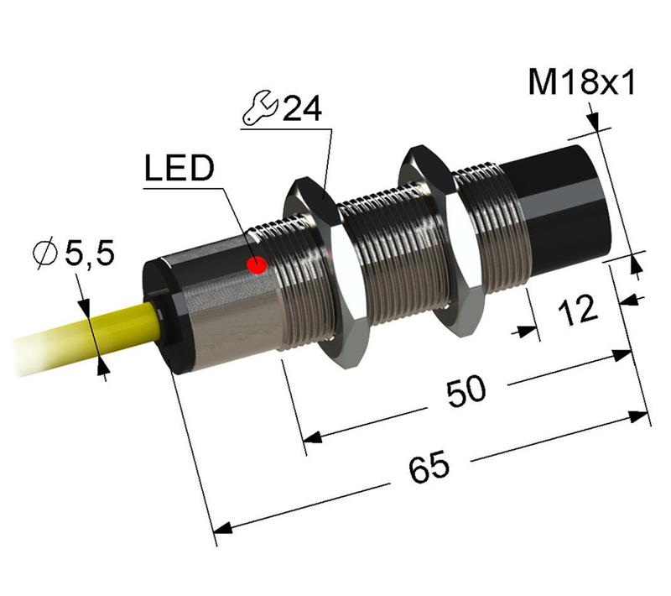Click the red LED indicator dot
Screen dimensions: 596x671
point(257,266)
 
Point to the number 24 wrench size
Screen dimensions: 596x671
point(301,110)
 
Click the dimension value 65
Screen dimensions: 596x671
point(428,468)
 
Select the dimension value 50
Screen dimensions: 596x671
point(465,393)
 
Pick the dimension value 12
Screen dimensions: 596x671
point(577,310)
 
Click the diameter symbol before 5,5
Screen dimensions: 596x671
point(46,251)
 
